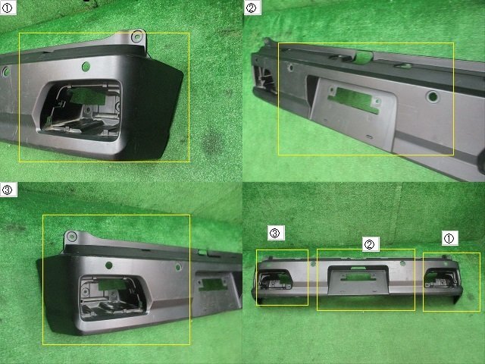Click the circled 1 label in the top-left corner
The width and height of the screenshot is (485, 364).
pyautogui.click(x=7, y=8)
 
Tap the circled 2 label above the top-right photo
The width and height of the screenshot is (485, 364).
pyautogui.click(x=252, y=8)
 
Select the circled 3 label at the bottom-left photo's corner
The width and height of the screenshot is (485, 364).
pyautogui.click(x=8, y=190)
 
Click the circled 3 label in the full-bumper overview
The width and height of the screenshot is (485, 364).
pyautogui.click(x=275, y=233)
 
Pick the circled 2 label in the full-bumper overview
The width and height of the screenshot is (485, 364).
pyautogui.click(x=370, y=244)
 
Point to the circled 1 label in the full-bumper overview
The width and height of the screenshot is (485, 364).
pyautogui.click(x=449, y=238)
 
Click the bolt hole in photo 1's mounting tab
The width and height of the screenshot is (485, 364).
pyautogui.click(x=136, y=37)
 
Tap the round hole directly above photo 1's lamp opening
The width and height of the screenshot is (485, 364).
pyautogui.click(x=86, y=66)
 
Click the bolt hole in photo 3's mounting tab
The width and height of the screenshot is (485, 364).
pyautogui.click(x=72, y=237)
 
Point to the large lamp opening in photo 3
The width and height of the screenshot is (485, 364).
pyautogui.click(x=114, y=298)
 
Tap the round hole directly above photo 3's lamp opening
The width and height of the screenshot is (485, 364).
pyautogui.click(x=109, y=265)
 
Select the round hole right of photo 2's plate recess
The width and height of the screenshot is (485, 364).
pyautogui.click(x=433, y=97)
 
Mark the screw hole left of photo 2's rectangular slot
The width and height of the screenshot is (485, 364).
pyautogui.click(x=332, y=90)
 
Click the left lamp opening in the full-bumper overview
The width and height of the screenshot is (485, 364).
pyautogui.click(x=275, y=280)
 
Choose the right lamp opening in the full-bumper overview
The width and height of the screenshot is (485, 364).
pyautogui.click(x=441, y=278)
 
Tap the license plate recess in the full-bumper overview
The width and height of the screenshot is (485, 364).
pyautogui.click(x=358, y=280)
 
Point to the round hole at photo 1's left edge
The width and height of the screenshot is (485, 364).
pyautogui.click(x=6, y=72)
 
